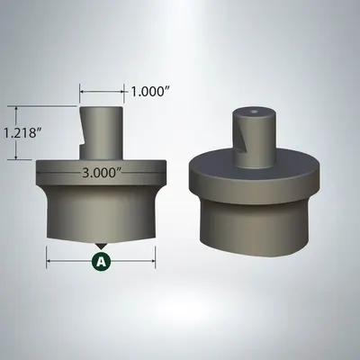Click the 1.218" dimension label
(x=21, y=133)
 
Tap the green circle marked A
(x=102, y=261)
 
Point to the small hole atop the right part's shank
(x=256, y=113)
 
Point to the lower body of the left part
(x=102, y=211)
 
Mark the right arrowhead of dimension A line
(x=154, y=261)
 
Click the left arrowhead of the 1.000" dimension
(x=83, y=91)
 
